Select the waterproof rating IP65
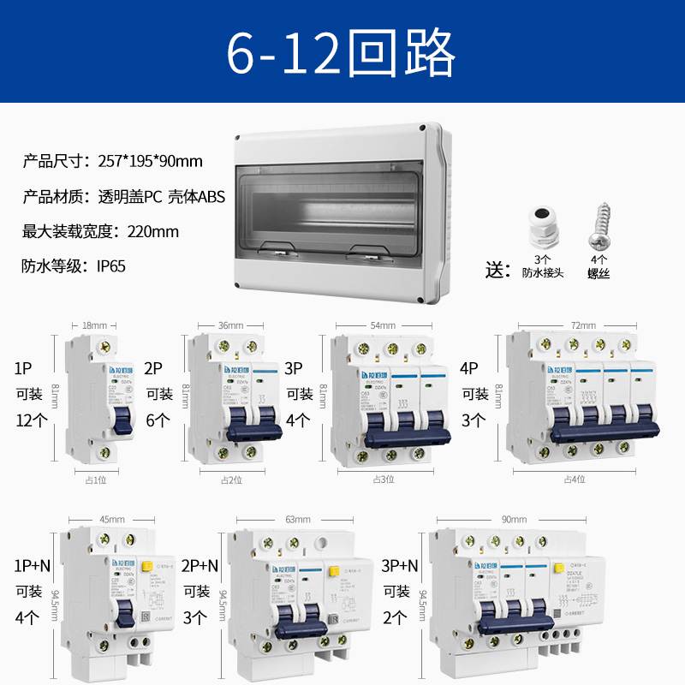[111, 265]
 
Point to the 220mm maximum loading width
[153, 230]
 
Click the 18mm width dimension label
[94, 326]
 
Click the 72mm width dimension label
[582, 326]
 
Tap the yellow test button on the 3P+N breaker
[558, 567]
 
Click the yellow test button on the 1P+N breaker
[146, 565]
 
